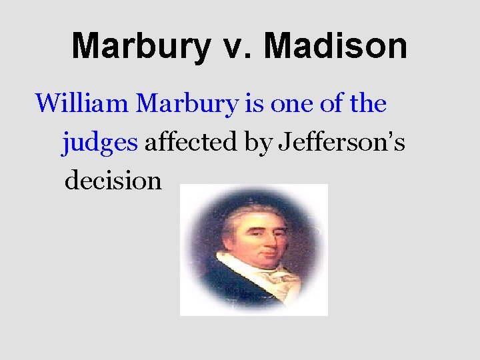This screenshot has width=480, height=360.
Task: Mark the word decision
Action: (x=113, y=180)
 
